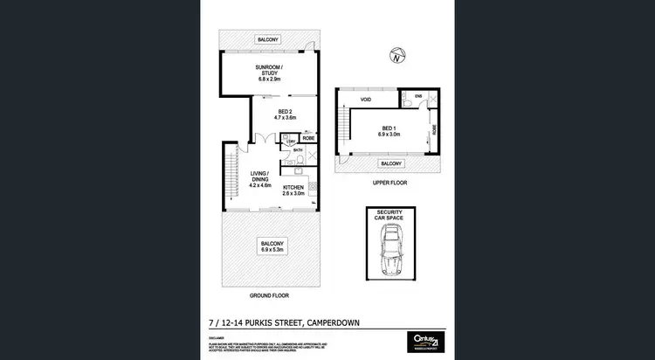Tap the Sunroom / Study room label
[x=269, y=73]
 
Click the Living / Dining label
[x=261, y=179]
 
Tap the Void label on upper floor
[x=366, y=100]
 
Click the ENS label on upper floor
[x=418, y=94]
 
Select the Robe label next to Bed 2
[x=308, y=138]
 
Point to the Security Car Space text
[x=390, y=216]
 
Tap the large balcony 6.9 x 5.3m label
[x=268, y=247]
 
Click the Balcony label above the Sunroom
[x=268, y=39]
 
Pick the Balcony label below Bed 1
[x=390, y=163]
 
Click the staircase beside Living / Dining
[x=231, y=173]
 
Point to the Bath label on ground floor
[x=298, y=151]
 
